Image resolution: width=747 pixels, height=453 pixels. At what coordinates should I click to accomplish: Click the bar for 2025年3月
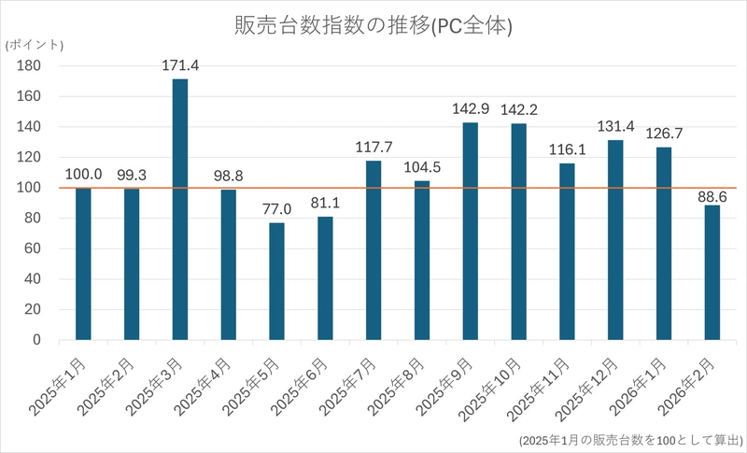[179, 209]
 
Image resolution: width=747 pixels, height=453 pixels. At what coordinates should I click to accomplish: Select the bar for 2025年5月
[276, 281]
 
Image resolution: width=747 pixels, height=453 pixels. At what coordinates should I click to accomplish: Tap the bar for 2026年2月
[712, 273]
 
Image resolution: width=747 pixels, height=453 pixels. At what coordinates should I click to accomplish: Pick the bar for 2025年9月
[470, 231]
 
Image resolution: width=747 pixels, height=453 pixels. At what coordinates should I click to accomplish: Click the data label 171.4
[180, 65]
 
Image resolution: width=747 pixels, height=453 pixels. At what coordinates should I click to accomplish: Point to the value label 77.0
[276, 209]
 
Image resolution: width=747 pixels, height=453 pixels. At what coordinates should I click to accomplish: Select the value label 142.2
[519, 110]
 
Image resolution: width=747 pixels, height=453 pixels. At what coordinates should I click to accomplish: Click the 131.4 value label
[615, 126]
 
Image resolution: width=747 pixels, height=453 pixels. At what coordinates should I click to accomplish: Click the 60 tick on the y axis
[32, 248]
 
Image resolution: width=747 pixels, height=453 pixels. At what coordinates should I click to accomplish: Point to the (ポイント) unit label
[34, 45]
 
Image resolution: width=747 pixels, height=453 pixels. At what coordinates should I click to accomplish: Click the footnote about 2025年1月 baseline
[630, 439]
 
